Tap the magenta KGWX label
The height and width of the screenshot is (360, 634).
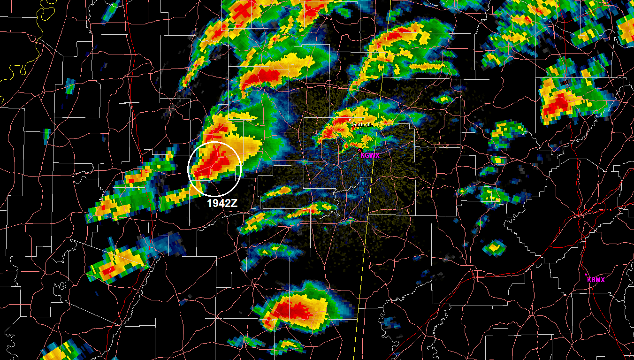click(370, 155)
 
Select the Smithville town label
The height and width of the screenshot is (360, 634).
click(362, 124)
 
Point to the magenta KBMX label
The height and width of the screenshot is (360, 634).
click(596, 280)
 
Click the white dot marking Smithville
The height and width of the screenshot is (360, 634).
click(350, 120)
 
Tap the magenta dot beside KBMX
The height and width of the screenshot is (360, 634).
click(587, 275)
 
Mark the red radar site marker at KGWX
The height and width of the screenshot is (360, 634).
click(360, 150)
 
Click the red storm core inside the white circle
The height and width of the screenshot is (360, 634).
click(214, 162)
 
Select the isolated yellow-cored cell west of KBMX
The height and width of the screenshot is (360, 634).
click(494, 246)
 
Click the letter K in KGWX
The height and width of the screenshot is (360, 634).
click(363, 155)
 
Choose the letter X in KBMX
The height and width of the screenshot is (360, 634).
click(603, 280)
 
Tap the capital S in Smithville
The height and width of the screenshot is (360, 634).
click(352, 124)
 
